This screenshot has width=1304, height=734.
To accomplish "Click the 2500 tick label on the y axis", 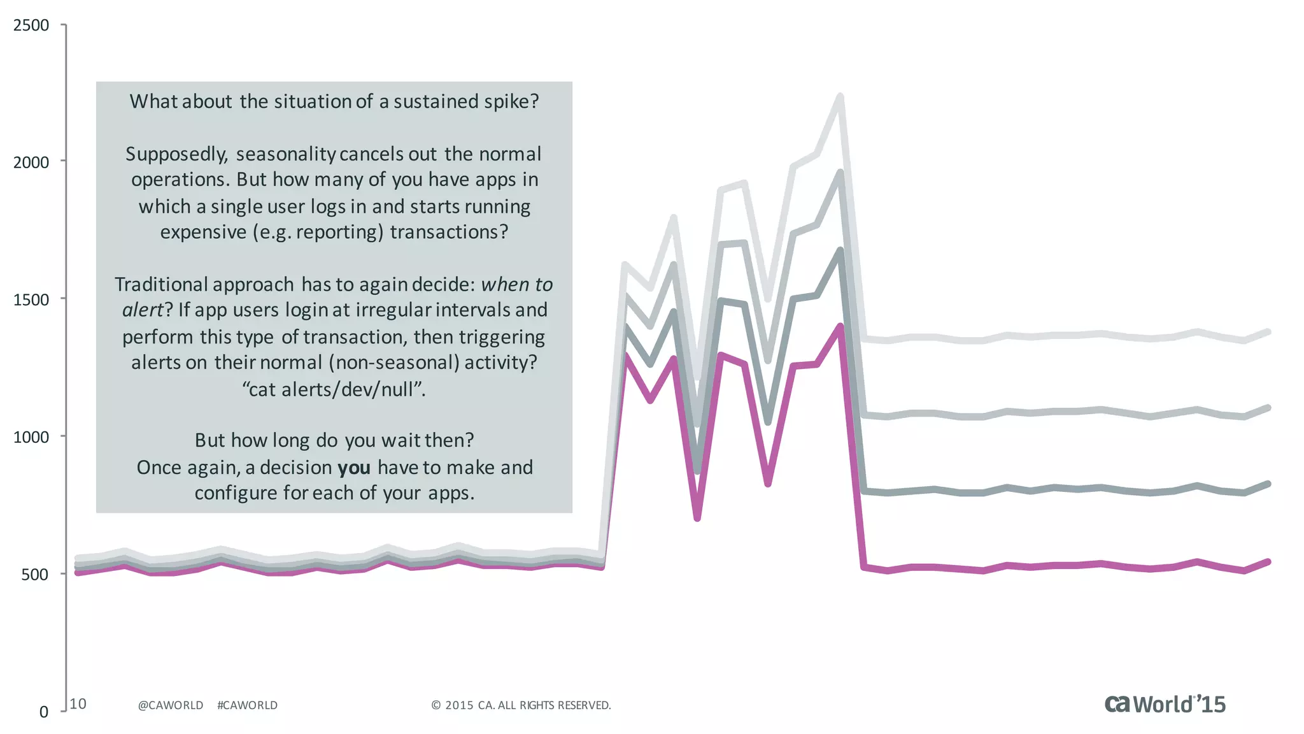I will [x=31, y=25].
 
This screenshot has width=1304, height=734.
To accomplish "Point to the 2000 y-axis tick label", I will [x=31, y=162].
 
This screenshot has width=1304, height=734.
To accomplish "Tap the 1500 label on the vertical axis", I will [x=31, y=300].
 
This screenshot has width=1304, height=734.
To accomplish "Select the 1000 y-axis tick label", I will [x=31, y=437].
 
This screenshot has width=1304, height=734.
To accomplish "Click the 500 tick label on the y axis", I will [x=35, y=575].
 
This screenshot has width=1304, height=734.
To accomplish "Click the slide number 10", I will [x=78, y=704].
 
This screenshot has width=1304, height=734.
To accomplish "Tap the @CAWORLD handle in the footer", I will [x=171, y=705].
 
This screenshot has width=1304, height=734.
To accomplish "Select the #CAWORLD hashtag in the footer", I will [x=247, y=705].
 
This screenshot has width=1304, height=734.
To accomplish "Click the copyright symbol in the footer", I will [x=436, y=705].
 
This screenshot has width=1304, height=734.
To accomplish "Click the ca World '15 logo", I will [x=1165, y=704].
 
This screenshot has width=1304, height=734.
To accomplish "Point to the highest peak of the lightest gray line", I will [x=840, y=97].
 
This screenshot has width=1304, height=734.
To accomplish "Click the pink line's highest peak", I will [x=840, y=326].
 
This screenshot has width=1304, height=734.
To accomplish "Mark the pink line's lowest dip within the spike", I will [x=697, y=518].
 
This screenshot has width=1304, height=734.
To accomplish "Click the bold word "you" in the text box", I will [x=354, y=468].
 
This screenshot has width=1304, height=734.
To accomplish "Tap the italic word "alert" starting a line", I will [x=143, y=310].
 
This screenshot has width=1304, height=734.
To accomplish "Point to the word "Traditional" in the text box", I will [x=162, y=284].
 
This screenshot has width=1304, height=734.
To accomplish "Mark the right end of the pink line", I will [x=1268, y=562].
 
